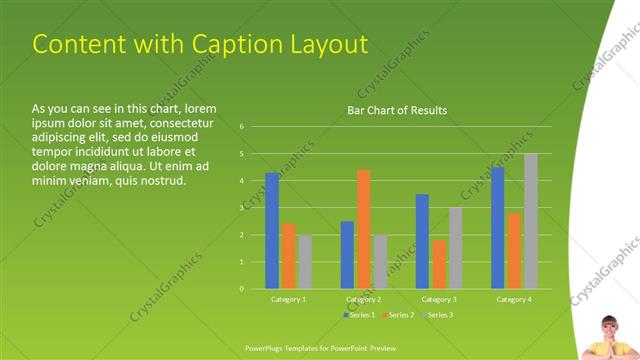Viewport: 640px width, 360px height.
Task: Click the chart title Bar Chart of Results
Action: (396, 110)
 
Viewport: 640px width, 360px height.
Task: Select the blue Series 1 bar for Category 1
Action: (272, 230)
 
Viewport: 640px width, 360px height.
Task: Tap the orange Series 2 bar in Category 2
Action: (363, 229)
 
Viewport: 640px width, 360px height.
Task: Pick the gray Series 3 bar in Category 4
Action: (531, 221)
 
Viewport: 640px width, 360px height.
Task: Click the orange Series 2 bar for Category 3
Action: (439, 264)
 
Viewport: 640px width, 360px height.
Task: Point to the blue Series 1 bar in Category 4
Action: (498, 228)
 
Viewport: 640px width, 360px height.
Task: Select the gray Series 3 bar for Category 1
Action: (305, 262)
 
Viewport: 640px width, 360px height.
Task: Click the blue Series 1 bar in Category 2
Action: (347, 255)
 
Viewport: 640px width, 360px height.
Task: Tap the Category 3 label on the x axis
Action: (439, 299)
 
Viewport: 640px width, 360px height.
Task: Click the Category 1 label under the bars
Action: (288, 299)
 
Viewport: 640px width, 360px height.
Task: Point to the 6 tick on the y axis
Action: (242, 127)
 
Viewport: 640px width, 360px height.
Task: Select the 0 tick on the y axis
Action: (242, 289)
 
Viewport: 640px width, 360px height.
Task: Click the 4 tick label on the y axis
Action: (242, 181)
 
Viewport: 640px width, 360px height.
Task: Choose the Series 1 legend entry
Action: (361, 315)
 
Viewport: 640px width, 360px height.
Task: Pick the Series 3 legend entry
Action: (439, 315)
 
